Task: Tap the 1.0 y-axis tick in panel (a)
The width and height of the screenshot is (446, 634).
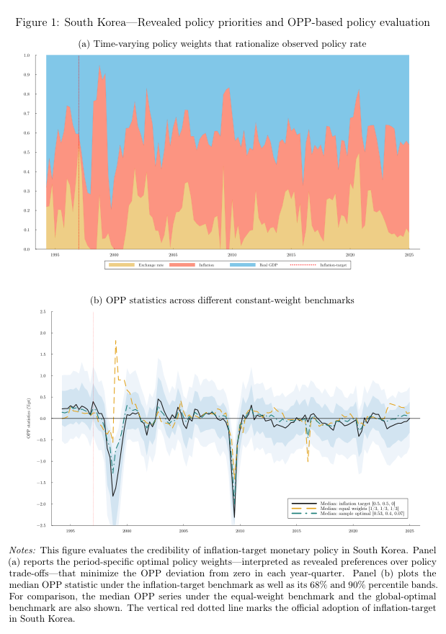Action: [x=26, y=55]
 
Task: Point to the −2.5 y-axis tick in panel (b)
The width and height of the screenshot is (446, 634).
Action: [x=43, y=525]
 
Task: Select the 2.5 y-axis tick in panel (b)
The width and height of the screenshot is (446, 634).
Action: [x=43, y=312]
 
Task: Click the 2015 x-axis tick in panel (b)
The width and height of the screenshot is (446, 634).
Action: [x=296, y=532]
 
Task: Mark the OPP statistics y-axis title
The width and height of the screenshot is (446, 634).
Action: [x=30, y=419]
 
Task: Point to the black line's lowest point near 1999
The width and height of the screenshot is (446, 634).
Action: [x=113, y=495]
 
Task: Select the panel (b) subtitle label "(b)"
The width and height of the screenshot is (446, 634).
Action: [x=97, y=300]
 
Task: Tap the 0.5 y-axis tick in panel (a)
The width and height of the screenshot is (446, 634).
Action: [x=26, y=152]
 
